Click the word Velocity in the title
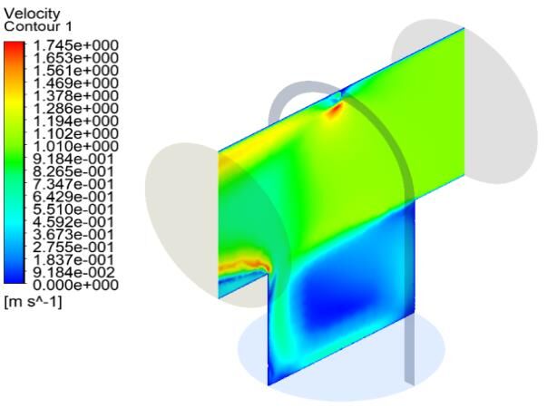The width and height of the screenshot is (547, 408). pyautogui.click(x=32, y=14)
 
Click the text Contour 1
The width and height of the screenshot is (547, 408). pyautogui.click(x=38, y=26)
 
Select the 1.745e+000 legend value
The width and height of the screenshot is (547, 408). pyautogui.click(x=75, y=45)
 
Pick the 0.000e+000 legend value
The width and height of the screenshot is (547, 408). pyautogui.click(x=75, y=285)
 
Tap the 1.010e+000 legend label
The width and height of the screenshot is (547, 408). pyautogui.click(x=75, y=146)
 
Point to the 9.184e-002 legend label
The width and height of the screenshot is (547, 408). pyautogui.click(x=73, y=272)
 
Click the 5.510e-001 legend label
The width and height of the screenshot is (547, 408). pyautogui.click(x=73, y=209)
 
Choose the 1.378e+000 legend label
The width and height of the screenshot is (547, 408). pyautogui.click(x=75, y=95)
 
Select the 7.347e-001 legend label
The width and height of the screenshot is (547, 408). pyautogui.click(x=73, y=184)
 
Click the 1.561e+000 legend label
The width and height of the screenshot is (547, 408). pyautogui.click(x=75, y=71)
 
